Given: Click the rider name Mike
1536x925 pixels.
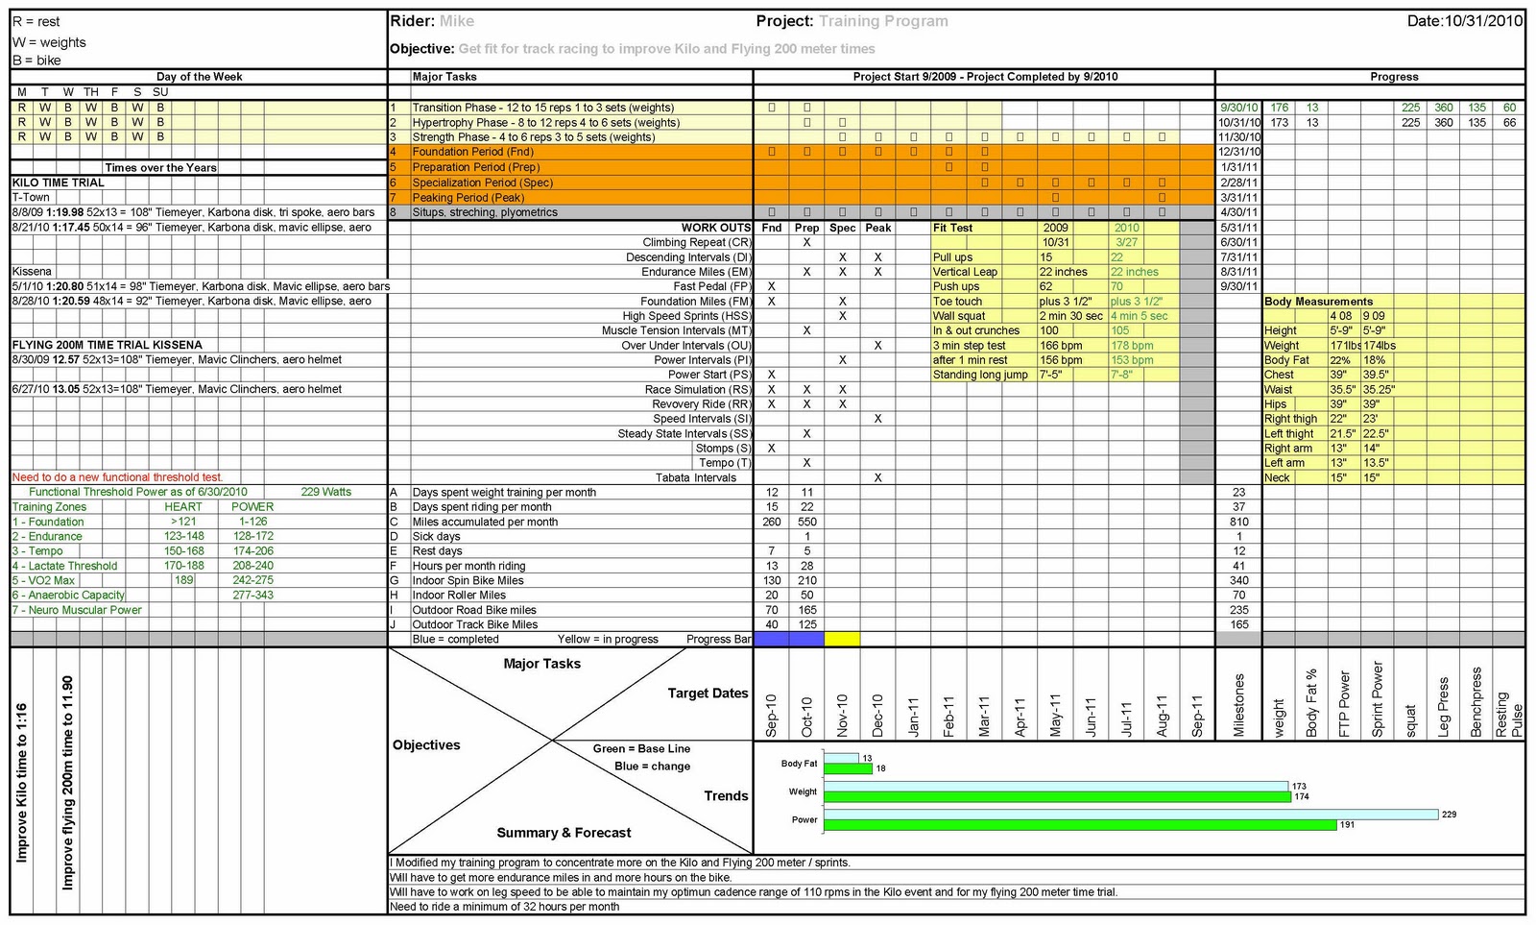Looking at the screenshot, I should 456,21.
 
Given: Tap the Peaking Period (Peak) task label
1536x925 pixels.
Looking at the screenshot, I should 468,197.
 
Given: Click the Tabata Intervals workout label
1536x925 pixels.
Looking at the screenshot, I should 696,477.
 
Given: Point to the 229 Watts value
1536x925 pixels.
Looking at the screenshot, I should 325,492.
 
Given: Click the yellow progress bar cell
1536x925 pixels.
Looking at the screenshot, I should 842,639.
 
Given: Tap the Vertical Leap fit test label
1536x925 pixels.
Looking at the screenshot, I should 965,272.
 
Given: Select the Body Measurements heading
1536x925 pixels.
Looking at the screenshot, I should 1318,302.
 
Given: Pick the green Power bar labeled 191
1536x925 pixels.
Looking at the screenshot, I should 1080,825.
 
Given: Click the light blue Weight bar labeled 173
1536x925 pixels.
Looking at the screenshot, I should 1056,787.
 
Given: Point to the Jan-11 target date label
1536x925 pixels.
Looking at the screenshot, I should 913,717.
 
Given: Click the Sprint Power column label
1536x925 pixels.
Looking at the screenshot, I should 1377,699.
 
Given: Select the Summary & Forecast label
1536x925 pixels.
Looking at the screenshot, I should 564,833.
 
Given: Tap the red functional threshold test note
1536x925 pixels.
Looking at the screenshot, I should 117,477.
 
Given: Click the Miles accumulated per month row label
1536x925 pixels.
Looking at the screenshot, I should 485,522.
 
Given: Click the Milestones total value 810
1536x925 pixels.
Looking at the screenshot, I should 1238,522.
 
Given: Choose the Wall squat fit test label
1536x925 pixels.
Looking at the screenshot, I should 959,316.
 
